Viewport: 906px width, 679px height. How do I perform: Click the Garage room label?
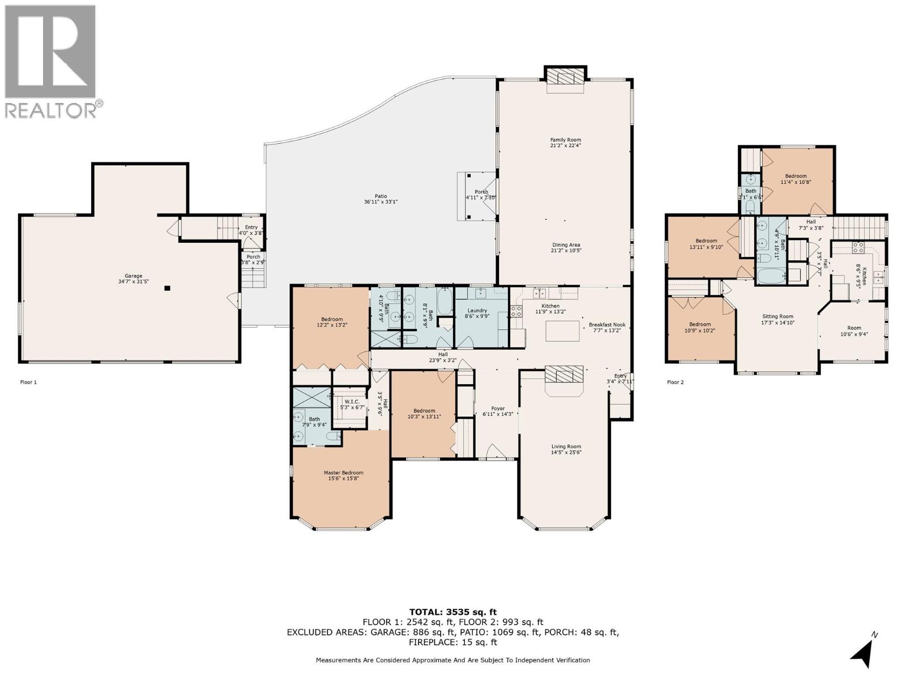coord(134,276)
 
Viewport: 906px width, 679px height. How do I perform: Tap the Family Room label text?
coord(566,140)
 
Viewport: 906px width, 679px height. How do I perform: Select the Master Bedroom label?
coord(343,472)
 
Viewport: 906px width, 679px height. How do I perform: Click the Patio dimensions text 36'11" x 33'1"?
coord(381,202)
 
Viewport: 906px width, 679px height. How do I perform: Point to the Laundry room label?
coord(477,310)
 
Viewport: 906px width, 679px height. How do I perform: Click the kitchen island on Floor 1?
coord(562,330)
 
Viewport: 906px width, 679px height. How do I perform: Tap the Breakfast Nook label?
coord(606,325)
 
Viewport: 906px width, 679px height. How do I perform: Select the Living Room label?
coord(566,446)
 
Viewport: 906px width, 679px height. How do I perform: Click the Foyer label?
coord(497,408)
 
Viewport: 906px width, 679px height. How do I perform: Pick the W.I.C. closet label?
coord(351,401)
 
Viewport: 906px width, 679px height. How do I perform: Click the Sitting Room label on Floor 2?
coord(777,316)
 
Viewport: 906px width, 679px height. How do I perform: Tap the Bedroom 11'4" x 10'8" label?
coord(796,176)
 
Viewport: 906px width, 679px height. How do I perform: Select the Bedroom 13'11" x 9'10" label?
coord(706,240)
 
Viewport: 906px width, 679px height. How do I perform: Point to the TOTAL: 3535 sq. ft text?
coord(452,612)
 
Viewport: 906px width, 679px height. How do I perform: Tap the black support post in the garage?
coord(167,288)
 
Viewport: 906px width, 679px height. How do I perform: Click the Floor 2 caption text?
coord(675,382)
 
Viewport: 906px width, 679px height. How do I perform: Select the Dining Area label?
coord(566,244)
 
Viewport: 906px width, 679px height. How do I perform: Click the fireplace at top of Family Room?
coord(565,79)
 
